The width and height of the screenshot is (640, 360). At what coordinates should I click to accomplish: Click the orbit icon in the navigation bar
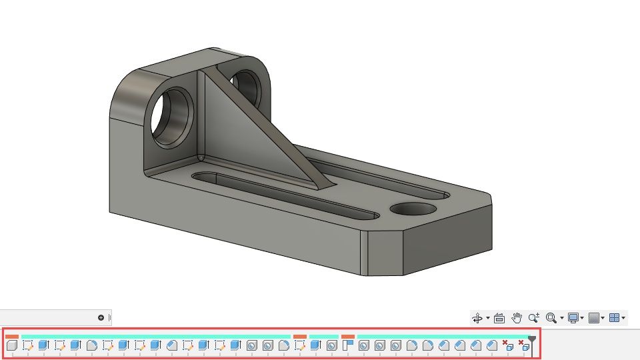tap(477, 318)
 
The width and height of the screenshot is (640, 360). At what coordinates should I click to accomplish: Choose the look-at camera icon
tap(499, 318)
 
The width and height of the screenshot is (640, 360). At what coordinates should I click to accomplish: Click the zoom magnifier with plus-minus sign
tap(533, 318)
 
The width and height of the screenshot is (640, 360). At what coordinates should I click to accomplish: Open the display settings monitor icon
tap(573, 318)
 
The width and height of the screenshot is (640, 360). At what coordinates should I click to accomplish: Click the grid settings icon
tap(593, 318)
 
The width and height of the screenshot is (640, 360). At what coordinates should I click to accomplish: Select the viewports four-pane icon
tap(614, 318)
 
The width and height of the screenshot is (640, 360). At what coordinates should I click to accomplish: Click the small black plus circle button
tap(101, 318)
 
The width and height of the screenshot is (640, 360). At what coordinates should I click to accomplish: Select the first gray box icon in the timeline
tap(11, 345)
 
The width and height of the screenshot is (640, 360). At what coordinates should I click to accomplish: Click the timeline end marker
tap(531, 340)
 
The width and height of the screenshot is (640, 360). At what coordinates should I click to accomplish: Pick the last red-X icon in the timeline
tap(523, 345)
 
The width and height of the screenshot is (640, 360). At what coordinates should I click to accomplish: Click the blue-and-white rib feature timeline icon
tap(347, 345)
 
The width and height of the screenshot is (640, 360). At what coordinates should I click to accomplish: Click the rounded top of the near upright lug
tap(137, 83)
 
